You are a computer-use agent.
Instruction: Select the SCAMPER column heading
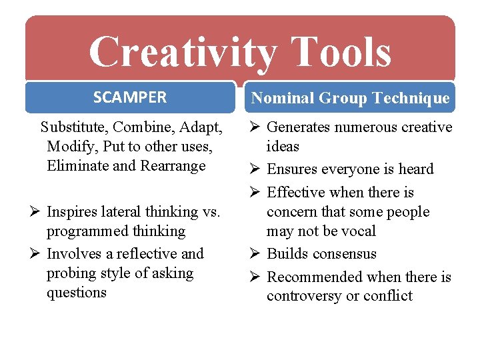(130, 97)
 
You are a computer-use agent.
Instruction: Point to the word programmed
(83, 231)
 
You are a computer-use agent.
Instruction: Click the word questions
(77, 293)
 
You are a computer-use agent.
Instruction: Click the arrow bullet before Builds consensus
(256, 254)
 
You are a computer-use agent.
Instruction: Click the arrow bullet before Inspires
(35, 212)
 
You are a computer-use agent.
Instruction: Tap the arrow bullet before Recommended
(256, 277)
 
